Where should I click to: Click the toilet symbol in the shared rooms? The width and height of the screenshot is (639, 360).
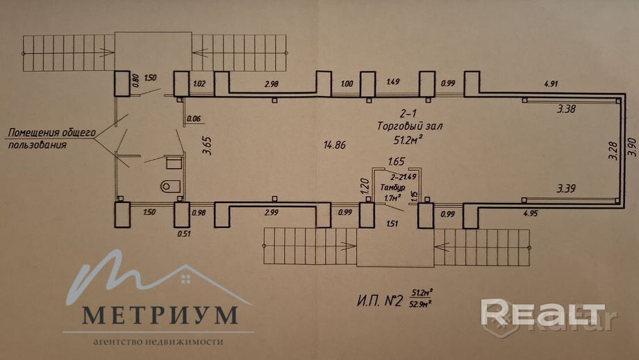point(169,186)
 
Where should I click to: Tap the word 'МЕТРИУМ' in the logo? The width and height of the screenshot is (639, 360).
point(159,315)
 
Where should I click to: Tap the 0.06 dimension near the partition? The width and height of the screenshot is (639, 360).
point(194,118)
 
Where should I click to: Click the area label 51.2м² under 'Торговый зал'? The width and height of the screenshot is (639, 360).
point(410,140)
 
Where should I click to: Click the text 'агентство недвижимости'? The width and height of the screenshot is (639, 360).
point(158,342)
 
